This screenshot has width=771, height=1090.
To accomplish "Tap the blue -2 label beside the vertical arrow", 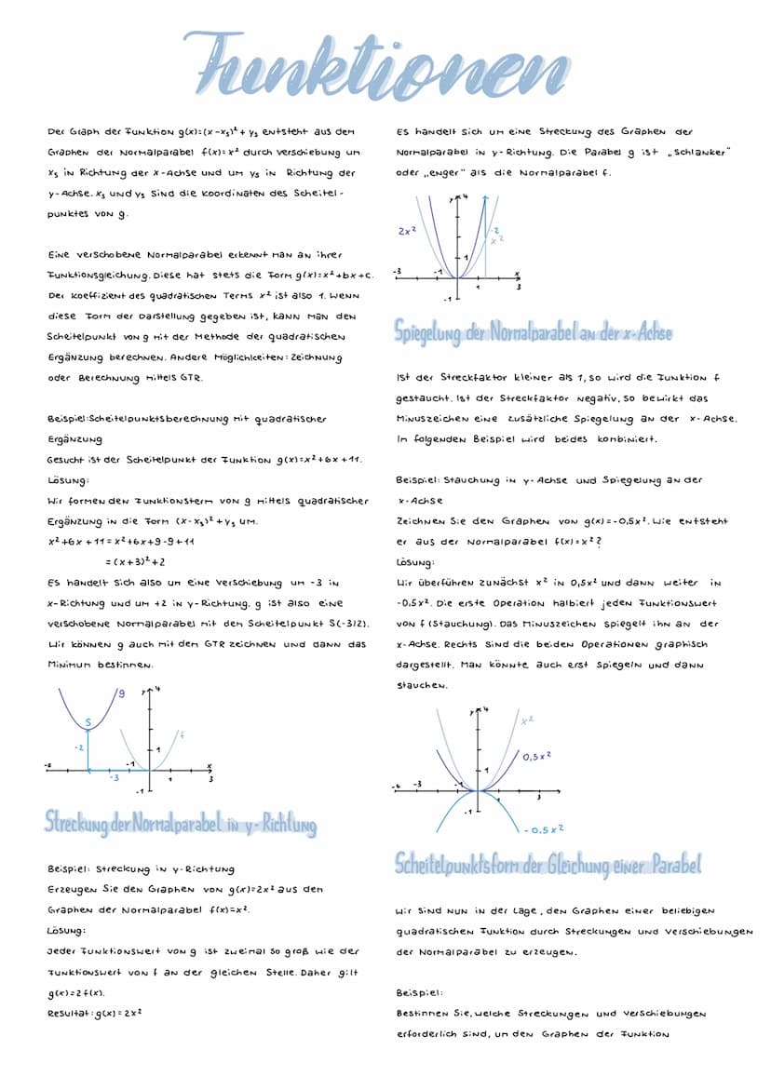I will point(79,747).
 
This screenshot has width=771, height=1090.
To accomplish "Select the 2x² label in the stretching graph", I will point(406,229).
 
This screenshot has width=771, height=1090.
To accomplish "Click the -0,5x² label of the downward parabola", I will point(545,828).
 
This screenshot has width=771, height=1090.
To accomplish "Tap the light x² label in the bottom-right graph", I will point(527,720).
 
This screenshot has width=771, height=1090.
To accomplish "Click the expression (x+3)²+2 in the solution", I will point(134,561).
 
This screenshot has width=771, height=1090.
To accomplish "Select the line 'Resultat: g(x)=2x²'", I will point(94,1011).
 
